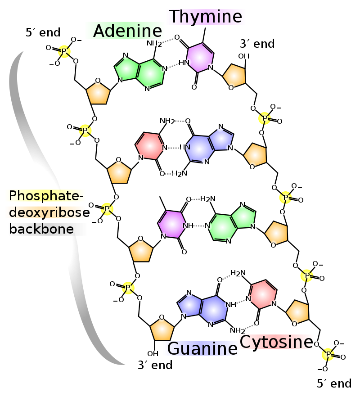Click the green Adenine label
[x=125, y=31]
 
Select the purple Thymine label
[x=206, y=17]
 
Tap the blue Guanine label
[x=201, y=348]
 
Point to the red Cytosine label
[x=275, y=342]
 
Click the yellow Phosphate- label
[x=45, y=195]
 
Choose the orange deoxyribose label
[x=45, y=212]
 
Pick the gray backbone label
[x=47, y=229]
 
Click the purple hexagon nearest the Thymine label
[x=200, y=57]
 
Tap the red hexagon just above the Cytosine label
[x=263, y=294]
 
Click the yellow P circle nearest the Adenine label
[x=64, y=51]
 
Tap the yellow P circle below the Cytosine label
[x=328, y=354]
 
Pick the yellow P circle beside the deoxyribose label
[x=107, y=209]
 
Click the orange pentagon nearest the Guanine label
[x=162, y=330]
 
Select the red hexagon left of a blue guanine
[x=149, y=146]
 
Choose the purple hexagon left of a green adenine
[x=171, y=224]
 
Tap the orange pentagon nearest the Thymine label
[x=234, y=76]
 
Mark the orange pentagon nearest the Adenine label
[x=98, y=93]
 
